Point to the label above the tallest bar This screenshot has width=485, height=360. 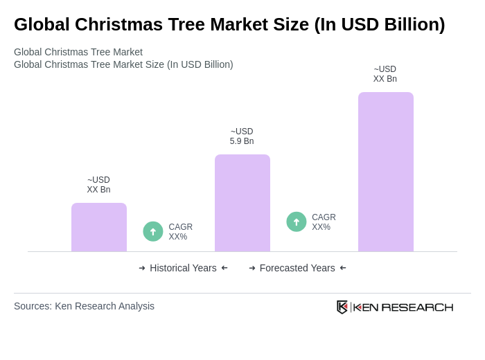[x=385, y=74]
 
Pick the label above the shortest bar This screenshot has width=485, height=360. [x=98, y=185]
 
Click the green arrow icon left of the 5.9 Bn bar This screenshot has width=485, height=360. [x=153, y=231]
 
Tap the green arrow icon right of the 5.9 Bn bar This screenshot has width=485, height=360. [x=297, y=222]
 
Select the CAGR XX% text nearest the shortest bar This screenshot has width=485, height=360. [x=180, y=232]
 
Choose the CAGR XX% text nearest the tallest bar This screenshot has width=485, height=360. [x=324, y=222]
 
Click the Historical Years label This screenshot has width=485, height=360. [x=183, y=268]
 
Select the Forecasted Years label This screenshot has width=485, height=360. [x=297, y=268]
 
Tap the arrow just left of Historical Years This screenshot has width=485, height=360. [x=142, y=268]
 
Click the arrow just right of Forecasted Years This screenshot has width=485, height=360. [x=343, y=268]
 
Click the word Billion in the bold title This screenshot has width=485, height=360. [x=410, y=24]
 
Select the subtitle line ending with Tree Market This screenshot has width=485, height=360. [x=78, y=52]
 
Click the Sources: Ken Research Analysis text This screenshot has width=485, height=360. [x=84, y=306]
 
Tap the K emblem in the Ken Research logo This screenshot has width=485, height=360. [x=342, y=307]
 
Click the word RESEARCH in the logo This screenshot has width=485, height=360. [x=417, y=307]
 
